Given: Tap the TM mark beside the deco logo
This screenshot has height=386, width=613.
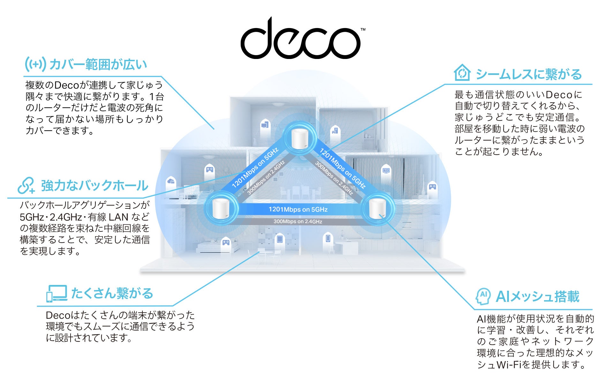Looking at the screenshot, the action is (363, 30).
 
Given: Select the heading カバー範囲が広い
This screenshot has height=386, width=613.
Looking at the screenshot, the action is (98, 65).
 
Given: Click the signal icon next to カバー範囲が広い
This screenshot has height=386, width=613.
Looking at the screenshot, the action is (35, 64).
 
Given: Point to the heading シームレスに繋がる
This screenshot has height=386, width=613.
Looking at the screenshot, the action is (529, 75).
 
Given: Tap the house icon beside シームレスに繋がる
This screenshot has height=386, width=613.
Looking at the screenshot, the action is (462, 73).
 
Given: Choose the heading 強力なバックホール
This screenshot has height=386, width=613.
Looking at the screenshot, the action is (95, 186).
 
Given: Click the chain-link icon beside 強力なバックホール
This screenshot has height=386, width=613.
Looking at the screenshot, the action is (26, 186).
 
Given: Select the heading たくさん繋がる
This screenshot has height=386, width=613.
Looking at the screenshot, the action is (112, 294).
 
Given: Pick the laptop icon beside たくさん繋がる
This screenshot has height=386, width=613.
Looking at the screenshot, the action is (57, 294).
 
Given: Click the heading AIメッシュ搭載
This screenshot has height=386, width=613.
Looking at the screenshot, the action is (537, 297).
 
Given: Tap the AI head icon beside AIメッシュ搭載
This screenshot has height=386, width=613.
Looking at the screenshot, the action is (483, 296).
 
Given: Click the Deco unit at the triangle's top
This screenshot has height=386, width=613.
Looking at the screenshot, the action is (299, 139).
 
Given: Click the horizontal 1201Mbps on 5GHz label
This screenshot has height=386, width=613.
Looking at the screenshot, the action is (298, 209).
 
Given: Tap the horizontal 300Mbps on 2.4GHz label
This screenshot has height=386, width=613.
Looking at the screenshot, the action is (298, 222).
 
